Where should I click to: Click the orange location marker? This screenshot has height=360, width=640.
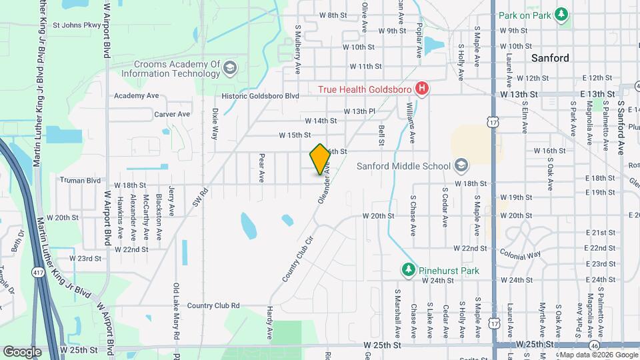pyautogui.click(x=320, y=158)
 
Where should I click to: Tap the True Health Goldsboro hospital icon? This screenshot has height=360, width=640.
pyautogui.click(x=421, y=88)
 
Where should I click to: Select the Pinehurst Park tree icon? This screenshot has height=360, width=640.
pyautogui.click(x=408, y=270)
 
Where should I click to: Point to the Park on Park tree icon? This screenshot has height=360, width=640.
pyautogui.click(x=561, y=15)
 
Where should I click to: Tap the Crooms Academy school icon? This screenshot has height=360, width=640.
pyautogui.click(x=229, y=68)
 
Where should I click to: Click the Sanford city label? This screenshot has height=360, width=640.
pyautogui.click(x=550, y=58)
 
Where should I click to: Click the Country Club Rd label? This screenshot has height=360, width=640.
pyautogui.click(x=213, y=305)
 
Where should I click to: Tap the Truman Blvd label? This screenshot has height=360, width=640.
pyautogui.click(x=80, y=180)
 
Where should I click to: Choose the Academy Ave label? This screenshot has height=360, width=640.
pyautogui.click(x=136, y=96)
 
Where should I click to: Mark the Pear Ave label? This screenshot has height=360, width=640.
pyautogui.click(x=262, y=168)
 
